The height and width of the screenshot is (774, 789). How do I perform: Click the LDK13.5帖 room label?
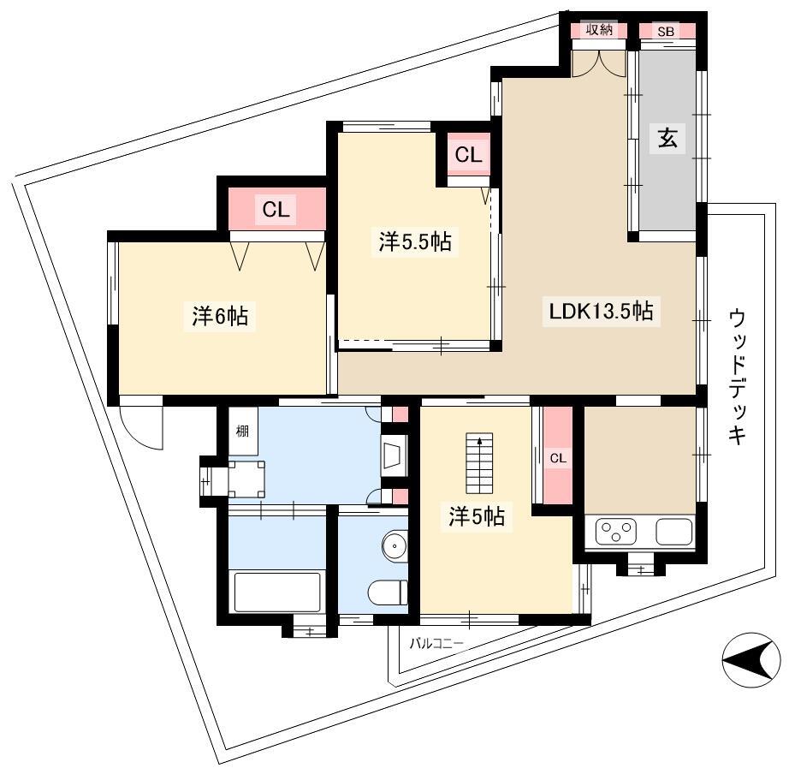(601, 311)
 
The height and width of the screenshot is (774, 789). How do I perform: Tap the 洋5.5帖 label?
(415, 241)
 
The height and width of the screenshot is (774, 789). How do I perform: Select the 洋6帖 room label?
(221, 316)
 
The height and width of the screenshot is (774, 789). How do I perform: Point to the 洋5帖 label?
(477, 516)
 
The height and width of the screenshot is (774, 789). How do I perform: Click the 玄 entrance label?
(667, 138)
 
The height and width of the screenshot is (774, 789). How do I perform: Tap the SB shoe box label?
(666, 32)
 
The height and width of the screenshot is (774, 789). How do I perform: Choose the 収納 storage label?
(599, 30)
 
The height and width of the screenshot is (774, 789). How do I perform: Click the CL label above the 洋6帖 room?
(276, 209)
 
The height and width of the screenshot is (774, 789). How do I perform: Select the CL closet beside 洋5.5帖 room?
(468, 155)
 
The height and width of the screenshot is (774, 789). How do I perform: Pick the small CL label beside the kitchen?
(558, 458)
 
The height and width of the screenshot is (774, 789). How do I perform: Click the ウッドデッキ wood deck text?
(737, 378)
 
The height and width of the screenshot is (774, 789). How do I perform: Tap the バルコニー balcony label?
(436, 643)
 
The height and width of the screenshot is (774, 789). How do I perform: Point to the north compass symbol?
(748, 660)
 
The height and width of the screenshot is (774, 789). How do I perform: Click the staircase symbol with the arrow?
(479, 463)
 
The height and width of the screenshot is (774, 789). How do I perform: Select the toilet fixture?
(388, 592)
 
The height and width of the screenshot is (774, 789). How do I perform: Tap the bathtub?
(276, 592)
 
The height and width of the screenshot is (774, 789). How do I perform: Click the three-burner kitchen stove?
(616, 533)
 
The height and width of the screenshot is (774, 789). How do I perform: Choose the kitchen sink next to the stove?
(673, 533)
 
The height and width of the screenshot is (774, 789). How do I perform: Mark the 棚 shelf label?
(242, 431)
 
